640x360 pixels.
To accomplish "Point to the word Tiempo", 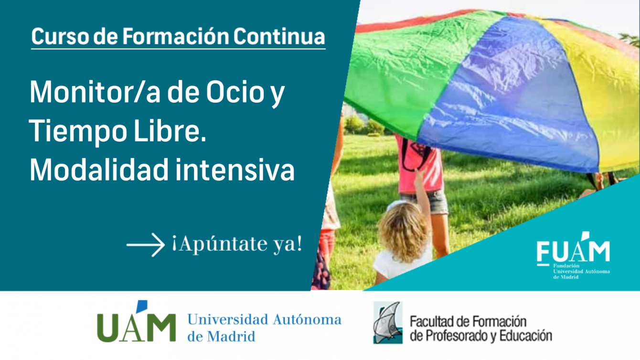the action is [78, 132].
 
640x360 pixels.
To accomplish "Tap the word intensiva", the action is [235, 169].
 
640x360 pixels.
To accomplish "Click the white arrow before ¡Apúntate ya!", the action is [145, 244].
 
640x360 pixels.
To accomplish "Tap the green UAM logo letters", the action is [137, 328].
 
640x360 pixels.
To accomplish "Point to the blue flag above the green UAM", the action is [142, 307].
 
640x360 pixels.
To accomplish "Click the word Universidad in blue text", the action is [228, 319].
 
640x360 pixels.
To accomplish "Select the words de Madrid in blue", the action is [221, 336].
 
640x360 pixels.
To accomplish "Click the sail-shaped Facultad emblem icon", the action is [388, 323].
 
